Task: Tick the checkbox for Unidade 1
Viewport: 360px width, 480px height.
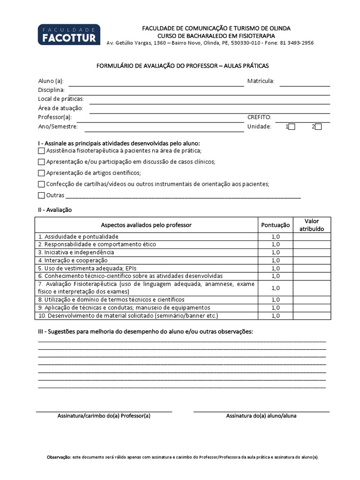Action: click(x=292, y=127)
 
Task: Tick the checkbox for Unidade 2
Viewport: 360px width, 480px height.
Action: click(x=318, y=127)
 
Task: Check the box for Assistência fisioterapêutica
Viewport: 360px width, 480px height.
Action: click(x=41, y=151)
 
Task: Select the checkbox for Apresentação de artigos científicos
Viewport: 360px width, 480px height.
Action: click(x=41, y=173)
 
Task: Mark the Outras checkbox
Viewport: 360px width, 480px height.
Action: click(x=41, y=195)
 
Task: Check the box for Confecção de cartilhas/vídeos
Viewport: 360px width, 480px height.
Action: click(x=41, y=184)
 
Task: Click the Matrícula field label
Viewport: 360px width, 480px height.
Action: click(x=261, y=82)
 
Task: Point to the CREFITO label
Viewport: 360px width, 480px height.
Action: click(x=259, y=118)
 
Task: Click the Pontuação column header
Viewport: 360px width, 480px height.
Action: click(x=275, y=225)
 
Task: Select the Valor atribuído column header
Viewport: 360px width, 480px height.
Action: click(x=312, y=225)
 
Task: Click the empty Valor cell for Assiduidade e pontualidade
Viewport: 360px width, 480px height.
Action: click(x=312, y=237)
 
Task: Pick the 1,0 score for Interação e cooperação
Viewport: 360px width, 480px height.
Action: click(x=275, y=260)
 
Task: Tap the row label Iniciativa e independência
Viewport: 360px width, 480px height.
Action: click(x=76, y=252)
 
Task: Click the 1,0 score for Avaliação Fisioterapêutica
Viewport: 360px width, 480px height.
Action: click(x=275, y=288)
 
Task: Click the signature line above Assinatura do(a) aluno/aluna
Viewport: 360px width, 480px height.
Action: click(x=261, y=411)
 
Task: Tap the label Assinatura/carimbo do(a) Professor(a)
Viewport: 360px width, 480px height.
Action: click(x=104, y=416)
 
